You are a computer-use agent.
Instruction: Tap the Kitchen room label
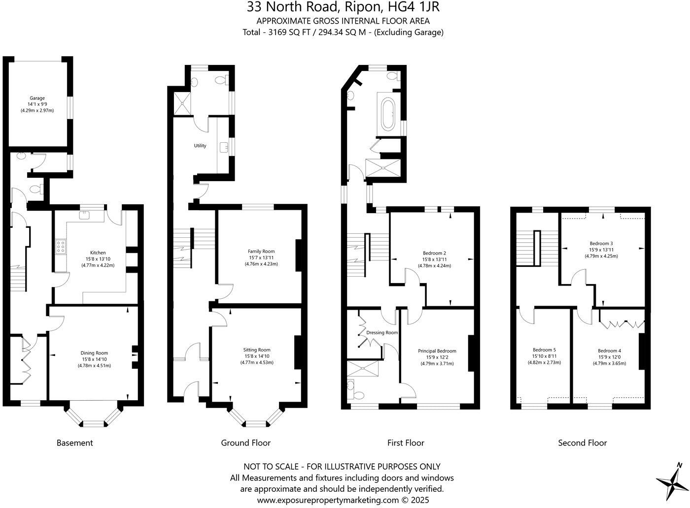98,253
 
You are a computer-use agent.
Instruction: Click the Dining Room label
94,353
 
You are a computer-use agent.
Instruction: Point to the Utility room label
200,146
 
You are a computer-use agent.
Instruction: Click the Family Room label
261,252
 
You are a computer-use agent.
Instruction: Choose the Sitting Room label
257,350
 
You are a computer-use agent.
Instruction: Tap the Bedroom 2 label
434,253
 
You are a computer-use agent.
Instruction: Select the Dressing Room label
382,333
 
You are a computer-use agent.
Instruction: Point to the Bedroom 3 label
601,243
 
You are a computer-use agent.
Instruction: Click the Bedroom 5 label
544,350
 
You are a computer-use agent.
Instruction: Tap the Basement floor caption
74,443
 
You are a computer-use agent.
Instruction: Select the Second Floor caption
582,443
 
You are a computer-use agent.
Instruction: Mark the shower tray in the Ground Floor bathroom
177,103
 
